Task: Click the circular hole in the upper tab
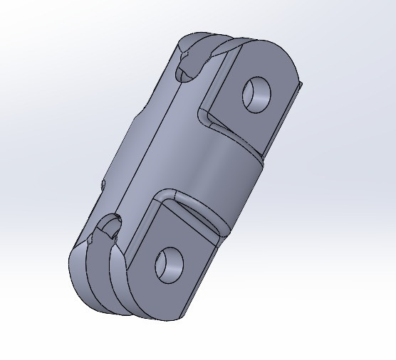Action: tap(257, 93)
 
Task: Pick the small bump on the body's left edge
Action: tap(104, 184)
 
